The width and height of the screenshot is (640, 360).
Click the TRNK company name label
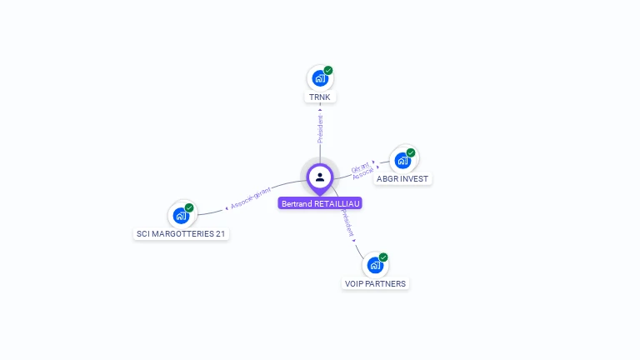click(320, 97)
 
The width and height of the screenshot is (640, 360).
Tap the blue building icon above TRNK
click(319, 78)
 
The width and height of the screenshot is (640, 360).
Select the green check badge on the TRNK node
click(328, 71)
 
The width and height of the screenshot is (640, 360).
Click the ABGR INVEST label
click(403, 178)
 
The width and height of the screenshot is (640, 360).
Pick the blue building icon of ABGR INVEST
click(402, 160)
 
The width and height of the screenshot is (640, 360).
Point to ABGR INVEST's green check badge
click(411, 152)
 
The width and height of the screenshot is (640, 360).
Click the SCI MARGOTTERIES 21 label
click(181, 234)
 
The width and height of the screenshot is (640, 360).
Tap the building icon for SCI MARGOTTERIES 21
click(180, 215)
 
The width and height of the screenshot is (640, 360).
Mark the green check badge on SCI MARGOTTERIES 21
click(189, 207)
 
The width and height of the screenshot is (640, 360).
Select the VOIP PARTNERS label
click(375, 283)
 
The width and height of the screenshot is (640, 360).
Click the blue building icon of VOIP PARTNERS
click(374, 265)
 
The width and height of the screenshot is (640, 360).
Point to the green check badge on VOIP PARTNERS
click(383, 257)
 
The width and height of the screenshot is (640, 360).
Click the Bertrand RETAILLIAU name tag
click(321, 203)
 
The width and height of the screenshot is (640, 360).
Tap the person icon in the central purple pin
click(320, 177)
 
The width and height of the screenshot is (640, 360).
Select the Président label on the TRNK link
click(320, 129)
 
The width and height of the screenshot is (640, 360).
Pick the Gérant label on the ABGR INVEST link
click(360, 166)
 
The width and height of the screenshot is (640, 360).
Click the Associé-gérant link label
click(251, 198)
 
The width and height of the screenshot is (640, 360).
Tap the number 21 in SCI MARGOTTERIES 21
click(220, 234)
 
